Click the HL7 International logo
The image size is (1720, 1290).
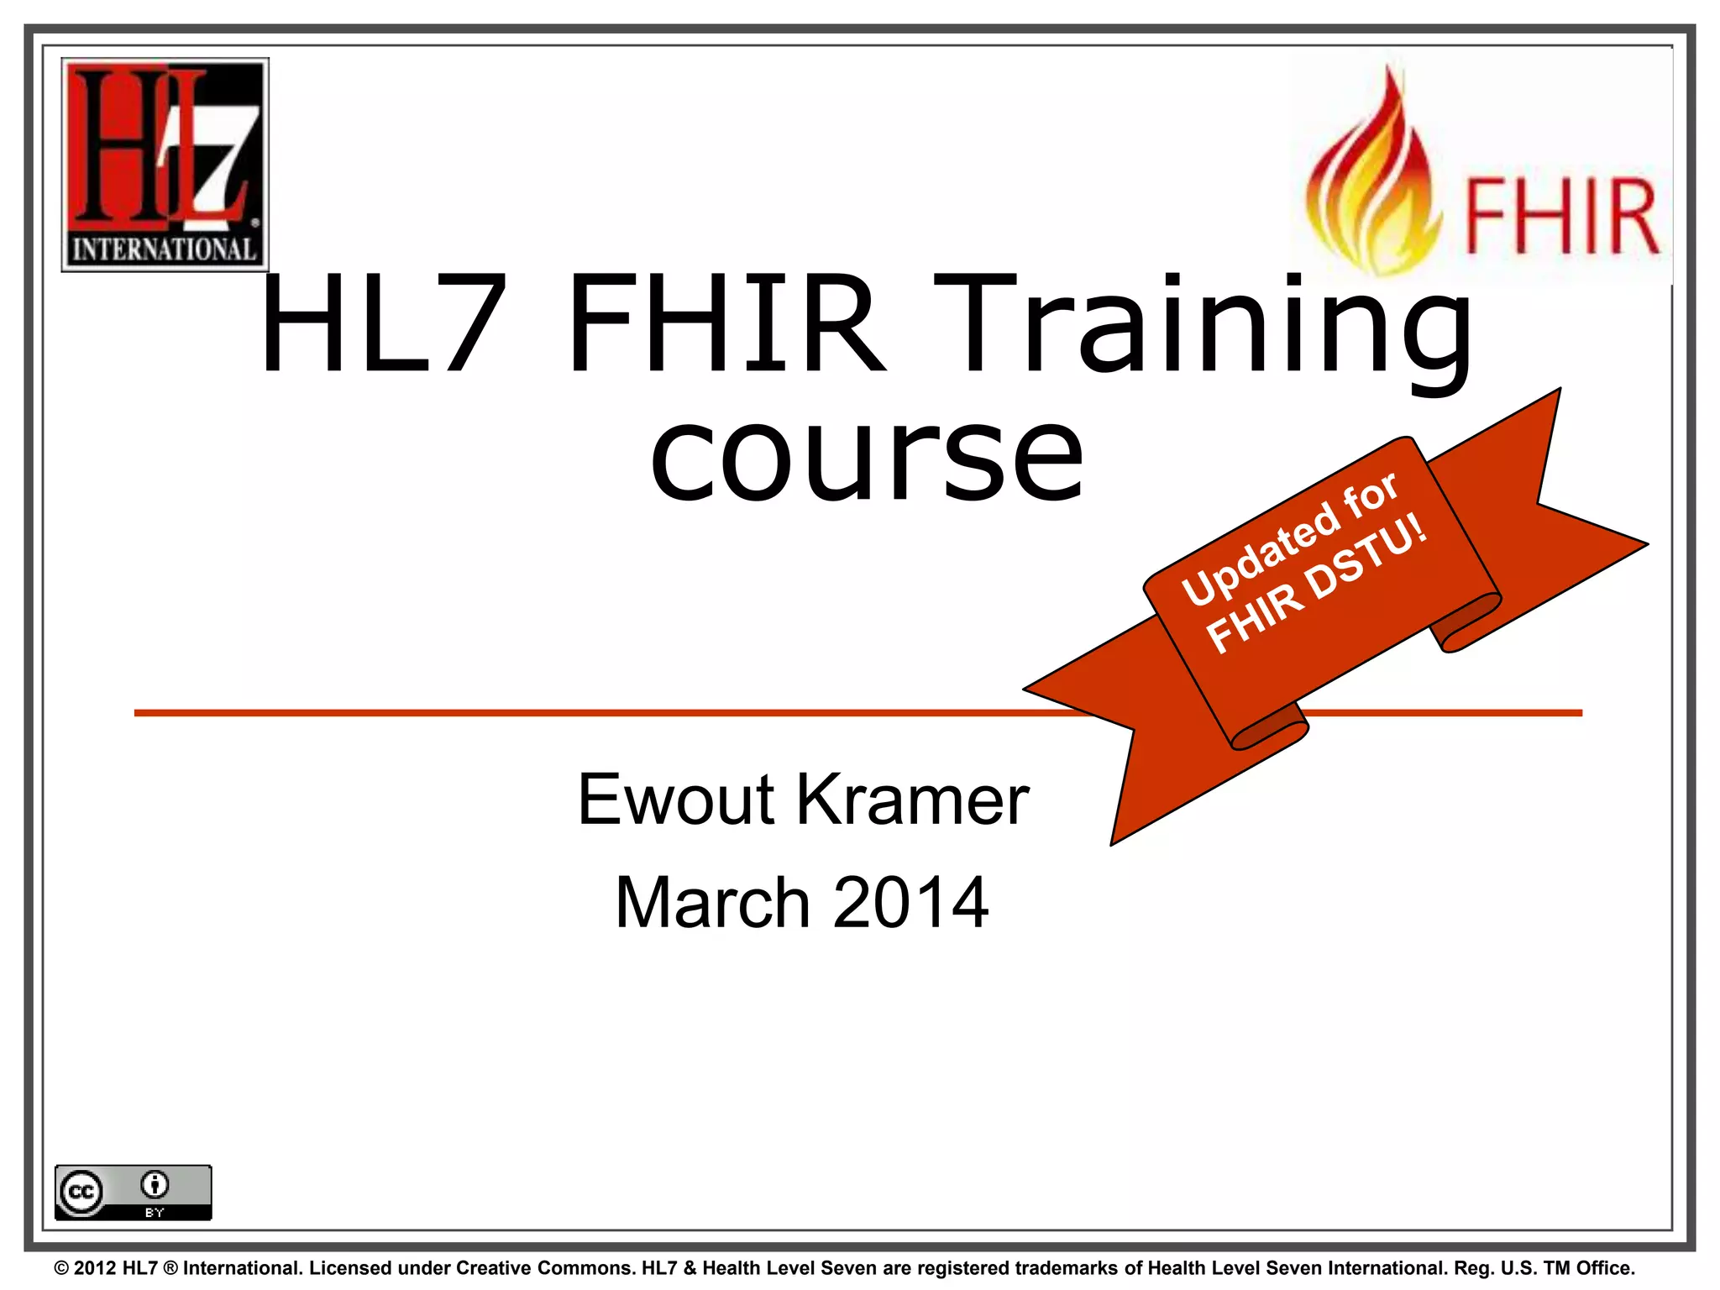pos(165,165)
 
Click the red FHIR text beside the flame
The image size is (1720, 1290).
pos(1561,218)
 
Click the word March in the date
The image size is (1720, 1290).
pos(712,903)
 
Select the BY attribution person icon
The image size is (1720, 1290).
pos(155,1185)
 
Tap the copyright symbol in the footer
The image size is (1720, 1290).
pos(61,1268)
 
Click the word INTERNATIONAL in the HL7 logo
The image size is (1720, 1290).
pos(165,249)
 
